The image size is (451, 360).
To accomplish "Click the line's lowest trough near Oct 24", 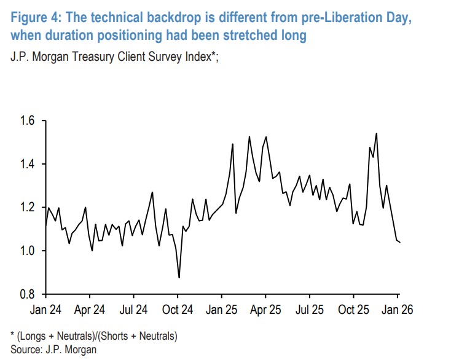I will [179, 278].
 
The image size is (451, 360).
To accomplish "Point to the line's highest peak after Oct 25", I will [376, 133].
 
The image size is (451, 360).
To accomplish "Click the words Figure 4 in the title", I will [34, 17].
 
